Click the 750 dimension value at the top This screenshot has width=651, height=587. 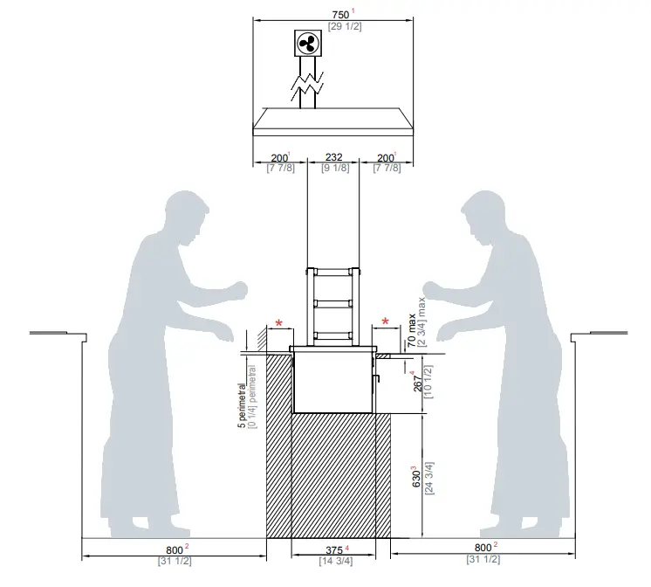coord(339,14)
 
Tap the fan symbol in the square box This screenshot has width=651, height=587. coord(306,44)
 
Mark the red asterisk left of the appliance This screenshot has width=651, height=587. coord(279,323)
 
